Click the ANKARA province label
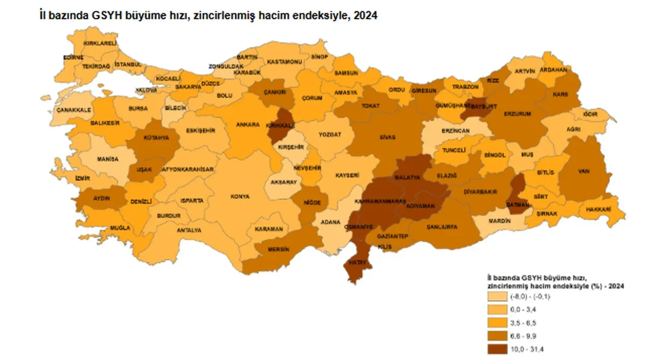click(x=248, y=124)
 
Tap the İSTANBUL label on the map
click(x=128, y=65)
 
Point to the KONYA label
click(x=240, y=196)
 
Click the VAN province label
click(x=584, y=171)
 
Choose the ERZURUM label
click(x=517, y=114)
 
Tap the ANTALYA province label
click(x=189, y=230)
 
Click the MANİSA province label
click(x=107, y=159)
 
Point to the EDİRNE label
click(x=73, y=57)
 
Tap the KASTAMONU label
click(x=284, y=62)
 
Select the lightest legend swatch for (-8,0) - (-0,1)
click(x=497, y=298)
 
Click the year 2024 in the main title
click(x=366, y=16)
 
